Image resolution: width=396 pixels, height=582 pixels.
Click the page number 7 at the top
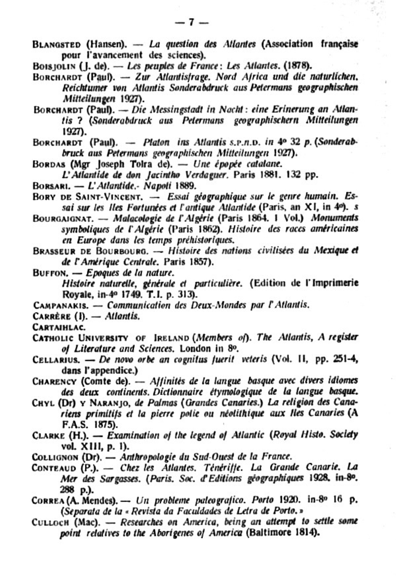coord(191,22)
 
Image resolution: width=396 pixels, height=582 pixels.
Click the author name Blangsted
coord(57,44)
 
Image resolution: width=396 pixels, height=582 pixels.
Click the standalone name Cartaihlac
coord(59,327)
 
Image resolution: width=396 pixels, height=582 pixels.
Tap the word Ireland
coord(172,338)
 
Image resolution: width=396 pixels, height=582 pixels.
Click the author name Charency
coord(54,382)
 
